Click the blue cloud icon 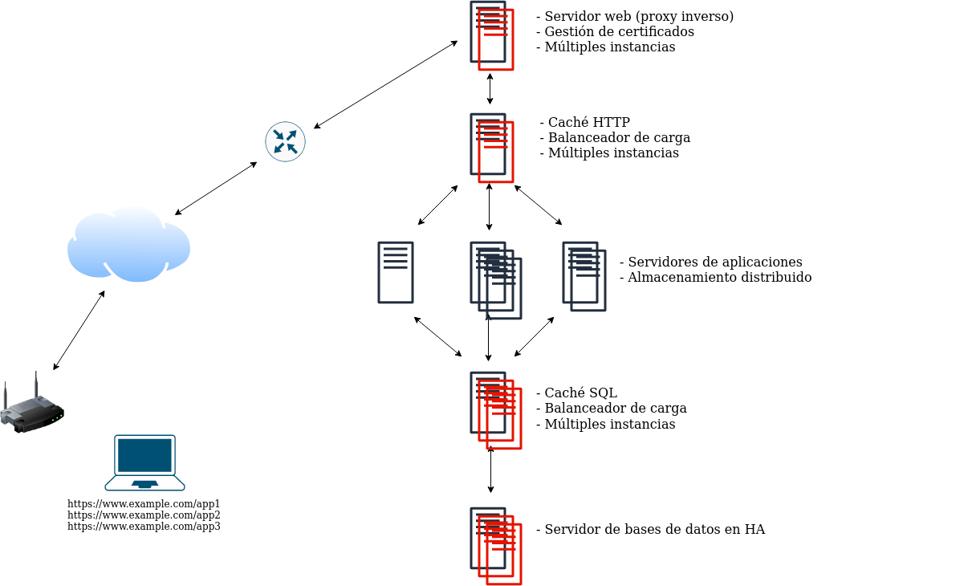pos(128,245)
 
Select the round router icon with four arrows pos(285,142)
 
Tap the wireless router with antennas pos(32,409)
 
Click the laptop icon pos(144,462)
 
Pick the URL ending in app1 pos(144,504)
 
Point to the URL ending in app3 pos(144,527)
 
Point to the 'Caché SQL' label pos(580,393)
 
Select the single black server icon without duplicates pos(396,273)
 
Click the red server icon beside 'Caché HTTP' pos(492,148)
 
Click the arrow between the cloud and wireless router pos(79,331)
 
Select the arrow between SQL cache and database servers pos(490,470)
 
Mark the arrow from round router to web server pos(385,84)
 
